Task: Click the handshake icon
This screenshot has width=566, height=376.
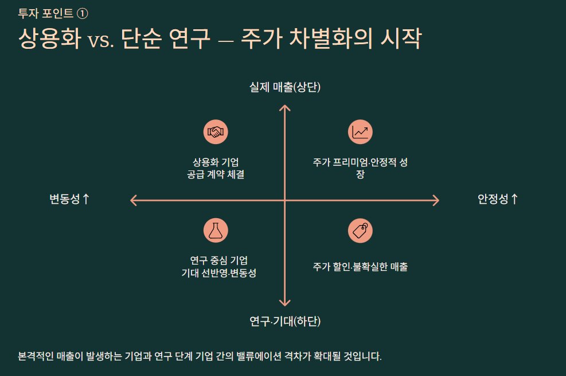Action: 216,132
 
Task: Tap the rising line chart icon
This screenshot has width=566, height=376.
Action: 360,132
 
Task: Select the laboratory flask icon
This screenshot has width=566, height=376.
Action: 216,231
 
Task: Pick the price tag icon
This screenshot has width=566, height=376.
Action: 360,231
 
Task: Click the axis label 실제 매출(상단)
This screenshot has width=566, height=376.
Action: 284,87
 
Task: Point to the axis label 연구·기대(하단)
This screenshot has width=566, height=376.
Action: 284,321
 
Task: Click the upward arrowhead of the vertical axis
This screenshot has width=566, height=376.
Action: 284,107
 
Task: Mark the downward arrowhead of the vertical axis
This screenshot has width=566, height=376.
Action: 284,303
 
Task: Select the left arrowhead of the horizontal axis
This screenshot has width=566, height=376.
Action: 134,200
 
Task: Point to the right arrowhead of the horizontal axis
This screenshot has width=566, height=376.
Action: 436,200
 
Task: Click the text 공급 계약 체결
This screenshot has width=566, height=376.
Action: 216,175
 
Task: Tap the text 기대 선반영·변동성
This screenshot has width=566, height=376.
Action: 218,273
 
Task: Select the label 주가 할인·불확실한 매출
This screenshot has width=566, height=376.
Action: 360,266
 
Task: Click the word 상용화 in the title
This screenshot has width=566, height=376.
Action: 49,39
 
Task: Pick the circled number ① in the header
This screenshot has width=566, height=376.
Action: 82,14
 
